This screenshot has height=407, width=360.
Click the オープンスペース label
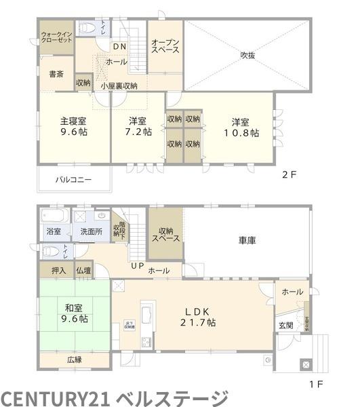pyautogui.click(x=165, y=45)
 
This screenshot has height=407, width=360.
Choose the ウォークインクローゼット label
pyautogui.click(x=56, y=37)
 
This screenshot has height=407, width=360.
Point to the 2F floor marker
pyautogui.click(x=289, y=174)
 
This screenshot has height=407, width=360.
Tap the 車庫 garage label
pyautogui.click(x=247, y=240)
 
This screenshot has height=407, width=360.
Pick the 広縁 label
pyautogui.click(x=74, y=360)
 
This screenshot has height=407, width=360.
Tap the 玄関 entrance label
pyautogui.click(x=285, y=326)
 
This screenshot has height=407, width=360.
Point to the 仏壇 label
pyautogui.click(x=83, y=271)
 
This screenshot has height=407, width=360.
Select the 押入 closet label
pyautogui.click(x=58, y=271)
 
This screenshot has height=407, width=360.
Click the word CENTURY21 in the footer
pyautogui.click(x=56, y=397)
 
